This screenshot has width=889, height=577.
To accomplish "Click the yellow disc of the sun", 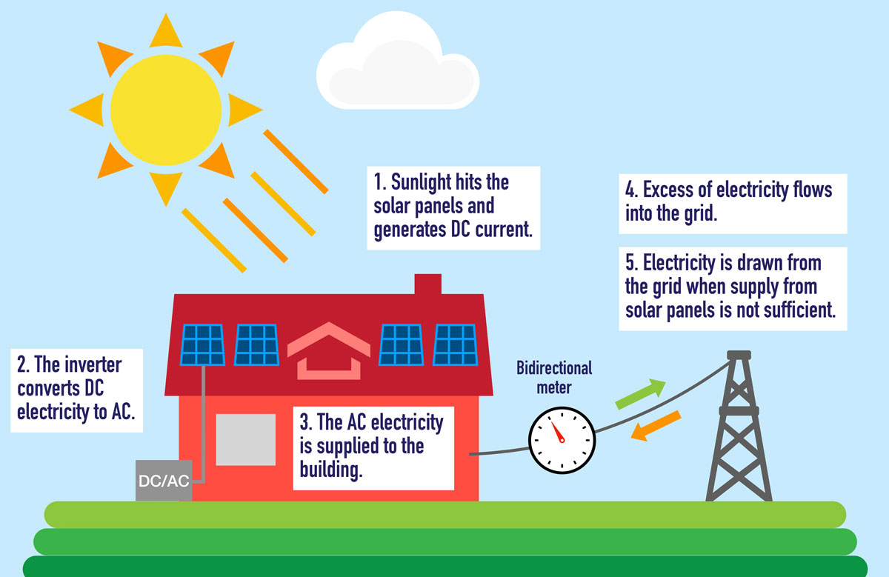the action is pos(166,110).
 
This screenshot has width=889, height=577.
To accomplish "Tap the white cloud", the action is pos(397,64).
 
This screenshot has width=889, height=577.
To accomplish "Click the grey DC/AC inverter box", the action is pos(164,480).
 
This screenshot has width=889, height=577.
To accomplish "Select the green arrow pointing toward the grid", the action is pos(641,393).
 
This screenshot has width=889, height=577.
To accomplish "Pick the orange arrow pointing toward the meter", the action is pos(656,426).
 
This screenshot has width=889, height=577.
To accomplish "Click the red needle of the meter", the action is pos(557,432).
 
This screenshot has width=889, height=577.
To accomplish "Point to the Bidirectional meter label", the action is pos(554,378).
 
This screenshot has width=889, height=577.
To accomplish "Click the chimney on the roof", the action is pos(428,284).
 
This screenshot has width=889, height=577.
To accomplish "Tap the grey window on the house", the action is pos(246,440).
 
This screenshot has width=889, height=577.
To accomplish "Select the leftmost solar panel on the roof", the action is pos(203,345).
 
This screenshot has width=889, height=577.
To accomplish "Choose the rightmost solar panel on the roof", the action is pos(455,345).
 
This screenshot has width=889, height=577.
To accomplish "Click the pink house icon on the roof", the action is pos(329,351).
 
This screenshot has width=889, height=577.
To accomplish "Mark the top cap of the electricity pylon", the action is pos(739,355).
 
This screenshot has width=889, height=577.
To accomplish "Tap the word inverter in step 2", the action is pos(93,364).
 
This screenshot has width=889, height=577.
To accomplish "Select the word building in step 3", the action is pos(331,470).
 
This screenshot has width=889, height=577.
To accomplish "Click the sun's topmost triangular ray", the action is pos(166,30).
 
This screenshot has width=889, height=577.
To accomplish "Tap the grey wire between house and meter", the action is pos(499,451).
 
